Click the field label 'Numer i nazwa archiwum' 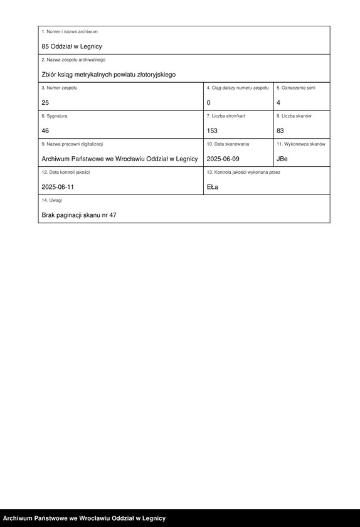[70, 31]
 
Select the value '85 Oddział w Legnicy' [71, 46]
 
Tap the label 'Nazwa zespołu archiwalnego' [73, 60]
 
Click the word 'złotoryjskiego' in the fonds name [154, 75]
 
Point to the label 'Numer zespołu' [59, 88]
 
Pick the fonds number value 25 [45, 102]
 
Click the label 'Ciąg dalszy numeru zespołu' [238, 88]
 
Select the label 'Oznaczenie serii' [296, 88]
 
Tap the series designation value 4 [278, 102]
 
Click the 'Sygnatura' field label [55, 116]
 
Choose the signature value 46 [45, 130]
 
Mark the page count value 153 [212, 130]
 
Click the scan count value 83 [280, 130]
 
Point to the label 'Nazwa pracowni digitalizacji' [72, 144]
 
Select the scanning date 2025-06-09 [223, 159]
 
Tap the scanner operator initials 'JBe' [282, 159]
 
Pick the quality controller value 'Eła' [213, 187]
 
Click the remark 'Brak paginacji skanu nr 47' [79, 215]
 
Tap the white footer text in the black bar [84, 518]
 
